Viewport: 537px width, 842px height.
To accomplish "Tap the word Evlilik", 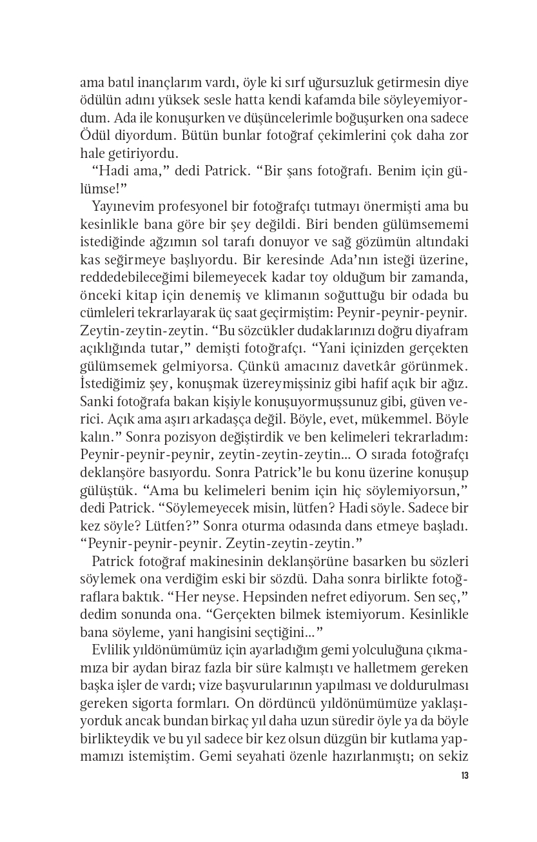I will pos(111,649).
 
